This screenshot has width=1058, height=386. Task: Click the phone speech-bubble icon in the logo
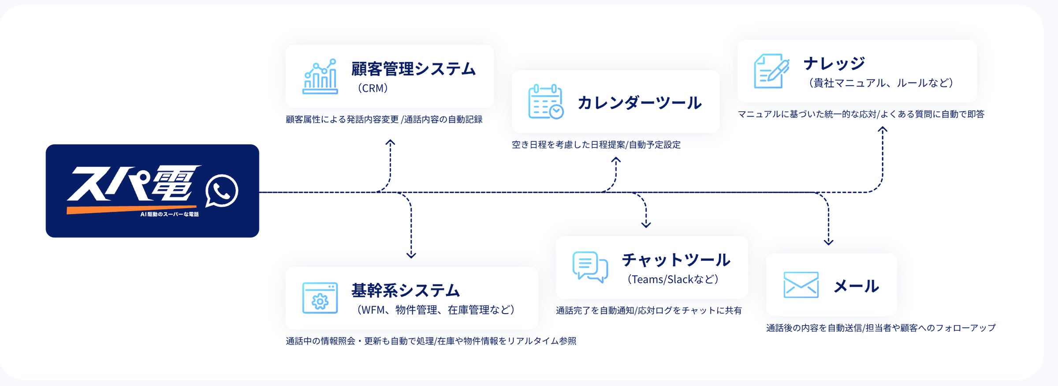[x=221, y=191]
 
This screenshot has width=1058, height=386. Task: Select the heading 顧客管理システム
[x=414, y=69]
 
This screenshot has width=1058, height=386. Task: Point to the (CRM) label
[x=373, y=88]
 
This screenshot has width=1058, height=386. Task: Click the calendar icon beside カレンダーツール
[x=546, y=102]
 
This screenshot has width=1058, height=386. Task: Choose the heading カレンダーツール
[x=639, y=103]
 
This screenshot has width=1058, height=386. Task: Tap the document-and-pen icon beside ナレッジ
[x=771, y=71]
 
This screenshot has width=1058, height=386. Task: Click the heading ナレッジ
[x=834, y=64]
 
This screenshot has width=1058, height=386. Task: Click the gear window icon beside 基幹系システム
[x=320, y=298]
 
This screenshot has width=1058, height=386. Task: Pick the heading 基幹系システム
[x=406, y=290]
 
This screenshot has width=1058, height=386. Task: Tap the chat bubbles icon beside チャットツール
[x=590, y=267]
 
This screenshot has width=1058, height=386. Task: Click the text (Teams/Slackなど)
[x=673, y=279]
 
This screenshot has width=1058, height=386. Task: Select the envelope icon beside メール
[x=801, y=285]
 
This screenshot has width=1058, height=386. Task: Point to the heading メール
[x=856, y=286]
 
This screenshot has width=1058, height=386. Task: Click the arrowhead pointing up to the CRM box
[x=390, y=142]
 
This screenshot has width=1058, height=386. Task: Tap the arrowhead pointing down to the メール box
[x=828, y=242]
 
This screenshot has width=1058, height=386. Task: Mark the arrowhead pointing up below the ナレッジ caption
[x=882, y=130]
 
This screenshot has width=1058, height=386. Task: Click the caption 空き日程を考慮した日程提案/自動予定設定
[x=596, y=145]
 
